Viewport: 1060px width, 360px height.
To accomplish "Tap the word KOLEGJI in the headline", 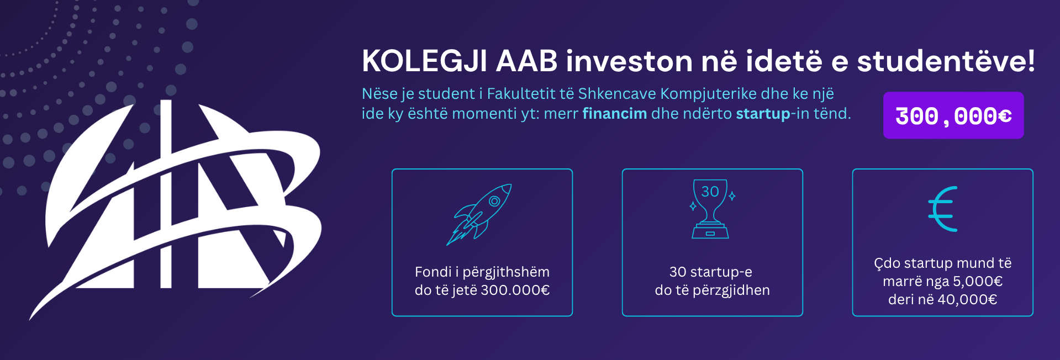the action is (x=425, y=61).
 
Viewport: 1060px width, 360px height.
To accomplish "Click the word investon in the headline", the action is (x=629, y=61).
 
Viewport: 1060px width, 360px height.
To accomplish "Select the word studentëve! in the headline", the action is (x=946, y=61).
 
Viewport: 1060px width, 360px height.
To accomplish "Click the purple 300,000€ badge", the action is (x=953, y=115).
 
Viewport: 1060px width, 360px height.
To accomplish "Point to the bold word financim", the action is (x=615, y=113).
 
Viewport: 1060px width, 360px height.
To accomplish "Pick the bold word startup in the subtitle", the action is (x=763, y=114).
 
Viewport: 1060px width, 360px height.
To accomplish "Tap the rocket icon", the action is (x=479, y=214).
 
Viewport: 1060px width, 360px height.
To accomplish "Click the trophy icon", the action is (x=711, y=209).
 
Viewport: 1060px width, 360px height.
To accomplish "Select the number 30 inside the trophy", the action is (x=710, y=192).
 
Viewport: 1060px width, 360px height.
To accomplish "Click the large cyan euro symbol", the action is (x=942, y=209).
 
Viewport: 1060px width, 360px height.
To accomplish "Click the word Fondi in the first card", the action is (x=433, y=272).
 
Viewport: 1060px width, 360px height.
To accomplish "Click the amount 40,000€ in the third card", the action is (x=967, y=300).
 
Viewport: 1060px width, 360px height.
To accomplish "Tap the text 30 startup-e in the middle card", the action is (x=711, y=272).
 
